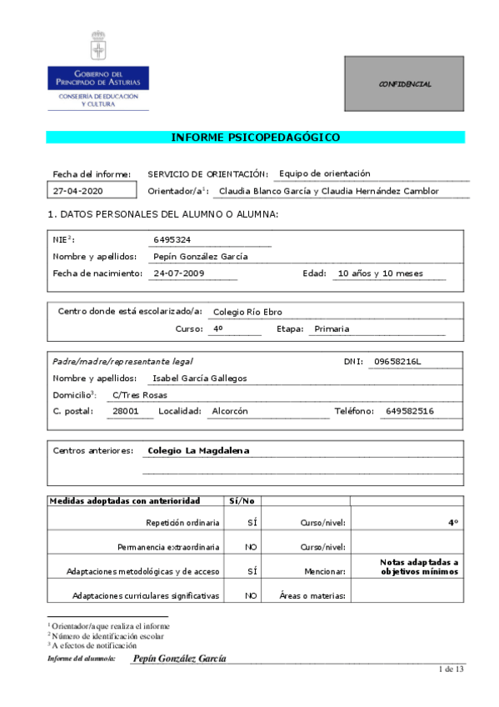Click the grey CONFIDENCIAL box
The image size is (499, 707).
404,84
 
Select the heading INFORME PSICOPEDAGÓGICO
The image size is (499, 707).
255,138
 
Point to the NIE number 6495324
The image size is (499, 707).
172,240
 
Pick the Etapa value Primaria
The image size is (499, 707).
332,328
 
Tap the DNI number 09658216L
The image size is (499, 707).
398,361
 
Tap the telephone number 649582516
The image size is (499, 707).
410,411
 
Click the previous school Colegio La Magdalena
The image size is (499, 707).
198,450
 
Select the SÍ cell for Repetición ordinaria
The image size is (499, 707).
252,523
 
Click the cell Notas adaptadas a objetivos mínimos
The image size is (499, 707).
420,567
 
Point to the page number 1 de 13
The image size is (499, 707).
450,669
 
